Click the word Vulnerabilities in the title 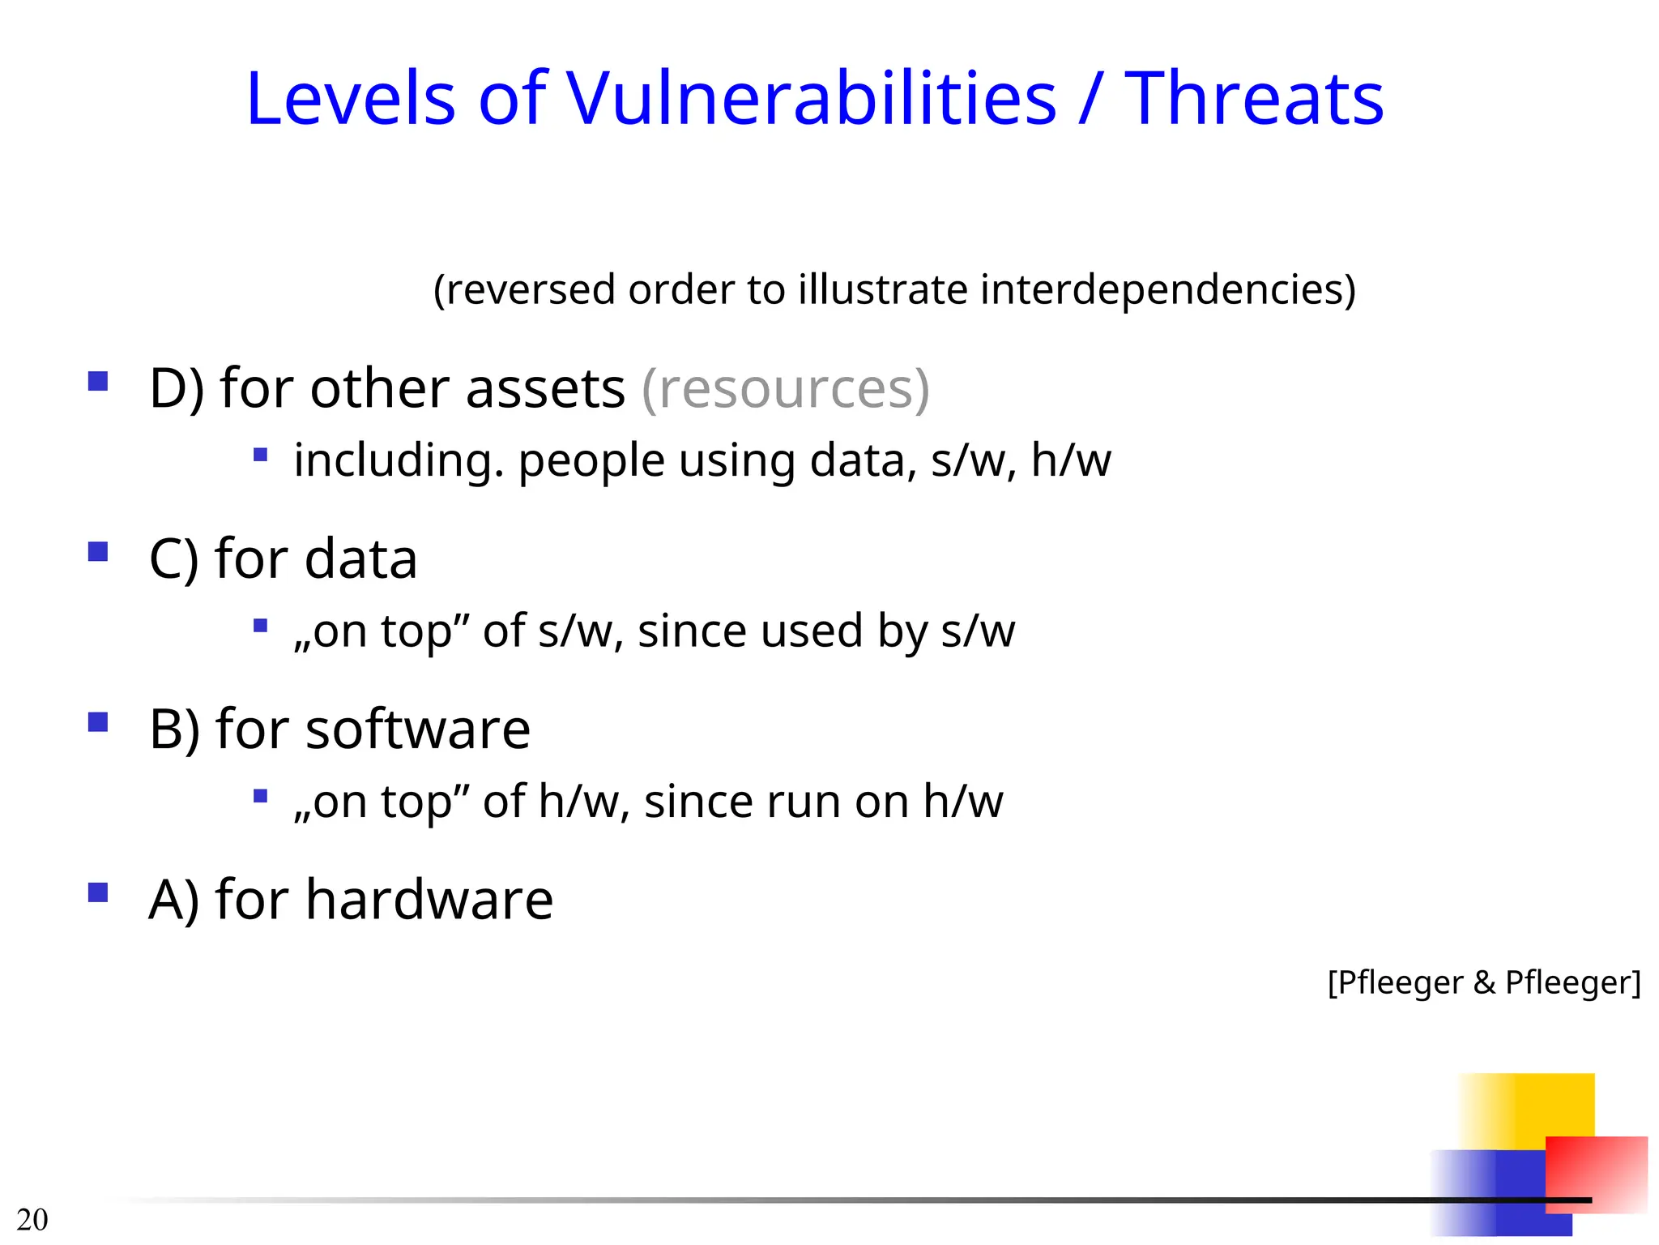coord(811,99)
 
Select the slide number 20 coord(32,1219)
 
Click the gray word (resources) coord(785,389)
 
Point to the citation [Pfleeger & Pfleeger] coord(1484,982)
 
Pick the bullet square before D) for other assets coord(98,381)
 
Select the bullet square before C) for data coord(98,552)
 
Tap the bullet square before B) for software coord(98,722)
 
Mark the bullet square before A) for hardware coord(98,892)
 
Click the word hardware coord(429,900)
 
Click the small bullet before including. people coord(260,455)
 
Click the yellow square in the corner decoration coord(1531,1106)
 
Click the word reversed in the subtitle coord(531,290)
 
